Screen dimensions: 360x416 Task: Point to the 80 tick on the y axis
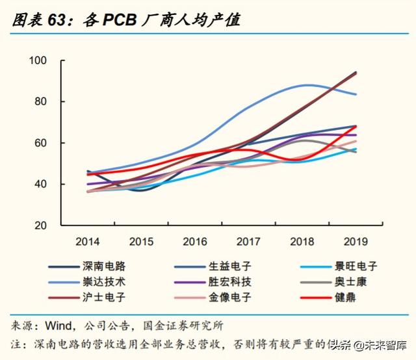click(x=42, y=101)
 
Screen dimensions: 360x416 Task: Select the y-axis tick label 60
click(x=42, y=143)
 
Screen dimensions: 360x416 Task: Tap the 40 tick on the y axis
click(x=42, y=184)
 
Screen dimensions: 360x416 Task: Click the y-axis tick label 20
click(x=42, y=225)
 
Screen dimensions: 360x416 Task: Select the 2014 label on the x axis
click(x=88, y=242)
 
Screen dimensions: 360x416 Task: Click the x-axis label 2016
click(x=195, y=242)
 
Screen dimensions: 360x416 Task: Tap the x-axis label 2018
click(x=302, y=242)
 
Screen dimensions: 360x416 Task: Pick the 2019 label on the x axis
click(x=356, y=242)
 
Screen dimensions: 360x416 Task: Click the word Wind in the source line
click(x=58, y=325)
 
